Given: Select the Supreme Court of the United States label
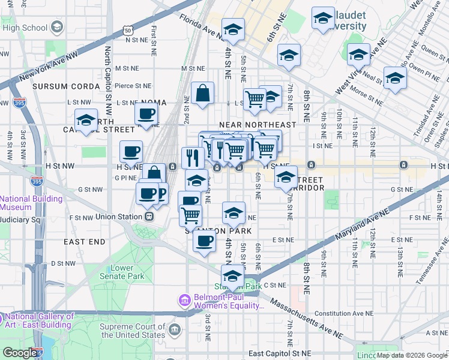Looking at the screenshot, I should click(133, 331).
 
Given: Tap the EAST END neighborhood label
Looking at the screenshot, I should click(85, 242).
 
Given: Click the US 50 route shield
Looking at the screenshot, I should click(128, 29).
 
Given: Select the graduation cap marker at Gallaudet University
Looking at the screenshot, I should click(323, 19).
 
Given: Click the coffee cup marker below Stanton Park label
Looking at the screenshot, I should click(205, 241).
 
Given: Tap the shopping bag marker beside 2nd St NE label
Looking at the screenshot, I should click(203, 94).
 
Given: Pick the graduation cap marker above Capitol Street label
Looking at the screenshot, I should click(86, 120).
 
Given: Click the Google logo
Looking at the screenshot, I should click(20, 353).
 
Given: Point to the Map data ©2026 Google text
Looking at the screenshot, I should click(411, 355).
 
